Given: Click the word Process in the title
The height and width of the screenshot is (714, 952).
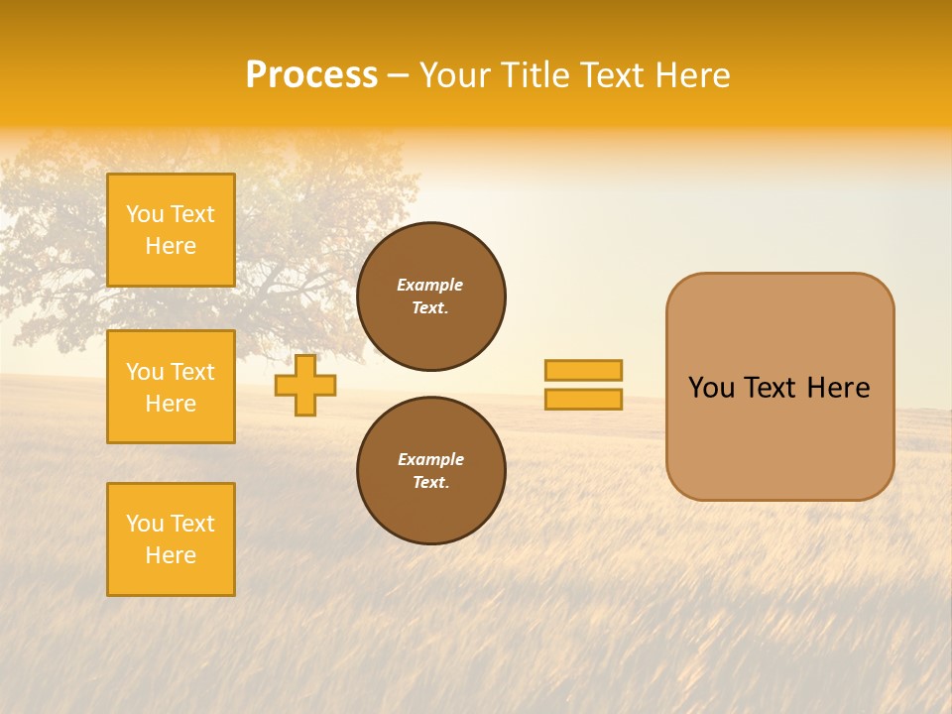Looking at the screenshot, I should click(x=311, y=75).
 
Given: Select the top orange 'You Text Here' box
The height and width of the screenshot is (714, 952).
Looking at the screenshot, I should click(x=171, y=230).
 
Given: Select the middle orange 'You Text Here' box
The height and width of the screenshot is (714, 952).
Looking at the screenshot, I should click(x=171, y=387).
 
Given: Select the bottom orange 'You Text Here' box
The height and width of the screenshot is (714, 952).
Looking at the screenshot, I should click(x=171, y=539).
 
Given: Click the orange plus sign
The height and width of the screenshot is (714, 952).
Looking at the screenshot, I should click(x=305, y=385).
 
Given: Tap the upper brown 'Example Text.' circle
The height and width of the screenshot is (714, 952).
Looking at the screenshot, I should click(x=431, y=297).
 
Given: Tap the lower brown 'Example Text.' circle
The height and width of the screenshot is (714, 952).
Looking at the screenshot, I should click(x=431, y=471).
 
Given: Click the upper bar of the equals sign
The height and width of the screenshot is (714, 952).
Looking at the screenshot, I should click(x=583, y=370).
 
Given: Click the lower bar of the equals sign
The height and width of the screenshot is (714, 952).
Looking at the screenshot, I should click(x=583, y=399).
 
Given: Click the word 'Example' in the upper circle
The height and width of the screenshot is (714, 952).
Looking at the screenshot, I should click(x=430, y=285).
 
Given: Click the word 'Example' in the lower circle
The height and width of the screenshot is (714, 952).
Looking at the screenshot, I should click(x=430, y=459).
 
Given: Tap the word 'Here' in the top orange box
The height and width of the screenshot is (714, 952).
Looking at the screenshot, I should click(x=171, y=246).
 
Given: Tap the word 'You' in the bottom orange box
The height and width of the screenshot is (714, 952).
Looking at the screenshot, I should click(x=145, y=524).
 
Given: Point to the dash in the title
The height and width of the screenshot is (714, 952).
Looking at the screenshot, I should click(x=399, y=75).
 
